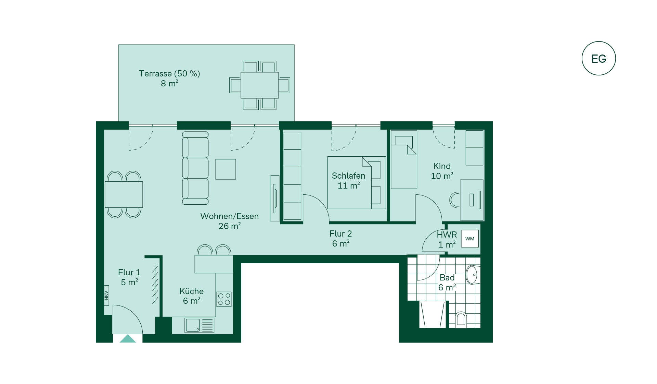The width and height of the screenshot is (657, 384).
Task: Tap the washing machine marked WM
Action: [x=470, y=239]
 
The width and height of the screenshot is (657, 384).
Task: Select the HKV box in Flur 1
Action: [x=106, y=295]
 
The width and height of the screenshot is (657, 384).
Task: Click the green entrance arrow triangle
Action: [x=128, y=339]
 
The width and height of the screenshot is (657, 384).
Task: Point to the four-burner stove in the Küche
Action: [x=224, y=299]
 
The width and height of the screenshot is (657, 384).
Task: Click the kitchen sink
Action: [x=199, y=325]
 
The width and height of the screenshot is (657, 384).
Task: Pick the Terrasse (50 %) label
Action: [x=169, y=73]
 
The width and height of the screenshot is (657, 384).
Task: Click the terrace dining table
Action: [x=260, y=85]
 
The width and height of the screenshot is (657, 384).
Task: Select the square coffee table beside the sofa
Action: [x=226, y=169]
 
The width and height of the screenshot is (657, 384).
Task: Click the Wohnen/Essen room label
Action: [x=229, y=216]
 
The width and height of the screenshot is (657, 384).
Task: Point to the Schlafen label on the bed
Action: [x=348, y=176]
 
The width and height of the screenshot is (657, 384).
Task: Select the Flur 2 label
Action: [x=340, y=233]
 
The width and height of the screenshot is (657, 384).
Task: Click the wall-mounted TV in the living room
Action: [x=275, y=199]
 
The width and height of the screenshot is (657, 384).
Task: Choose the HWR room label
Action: [x=447, y=235]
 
